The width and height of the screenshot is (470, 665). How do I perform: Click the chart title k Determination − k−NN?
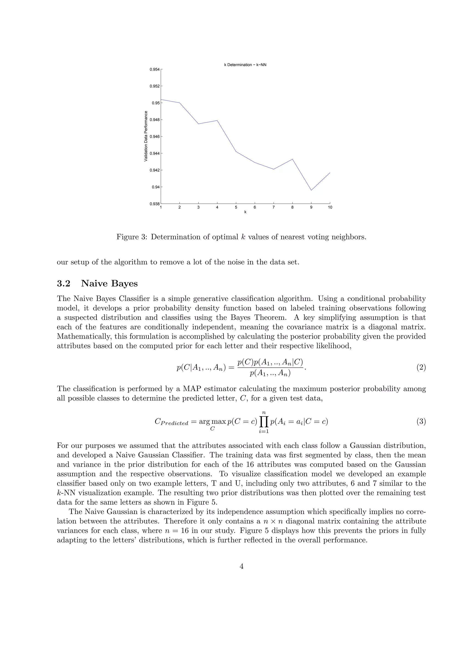[x=245, y=65]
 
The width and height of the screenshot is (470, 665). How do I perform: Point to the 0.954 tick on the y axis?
[x=154, y=70]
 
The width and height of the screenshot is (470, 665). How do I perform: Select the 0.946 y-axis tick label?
[x=154, y=136]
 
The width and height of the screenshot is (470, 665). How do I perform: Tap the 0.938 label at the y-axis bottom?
[x=154, y=204]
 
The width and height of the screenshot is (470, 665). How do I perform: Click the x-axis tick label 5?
[x=236, y=207]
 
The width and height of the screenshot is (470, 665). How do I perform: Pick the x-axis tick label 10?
[x=330, y=207]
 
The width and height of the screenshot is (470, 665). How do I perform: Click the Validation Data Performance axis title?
[x=146, y=136]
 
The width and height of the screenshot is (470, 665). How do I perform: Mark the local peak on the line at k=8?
[x=292, y=159]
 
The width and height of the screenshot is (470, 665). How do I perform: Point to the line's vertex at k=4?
[x=217, y=121]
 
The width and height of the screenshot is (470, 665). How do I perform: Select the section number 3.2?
[x=64, y=284]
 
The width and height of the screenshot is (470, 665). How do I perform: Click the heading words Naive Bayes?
[x=109, y=284]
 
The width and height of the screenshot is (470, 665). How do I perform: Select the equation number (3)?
[x=421, y=421]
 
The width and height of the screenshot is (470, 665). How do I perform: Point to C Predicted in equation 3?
[x=171, y=422]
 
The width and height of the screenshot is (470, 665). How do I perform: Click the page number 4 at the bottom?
[x=242, y=566]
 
